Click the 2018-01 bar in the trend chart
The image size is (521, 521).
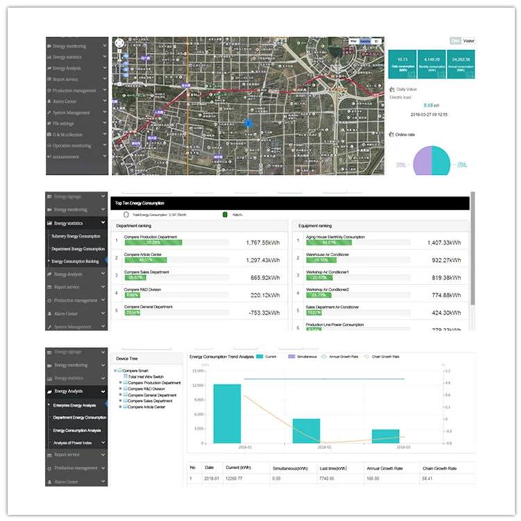(x=227, y=413)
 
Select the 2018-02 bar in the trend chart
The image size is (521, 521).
(x=306, y=431)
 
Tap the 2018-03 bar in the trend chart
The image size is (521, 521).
(x=386, y=436)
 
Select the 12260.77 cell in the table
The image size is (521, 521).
(x=237, y=479)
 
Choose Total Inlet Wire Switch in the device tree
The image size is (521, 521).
(x=147, y=377)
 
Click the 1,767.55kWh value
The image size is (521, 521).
(x=263, y=243)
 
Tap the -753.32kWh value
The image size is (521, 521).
(x=263, y=313)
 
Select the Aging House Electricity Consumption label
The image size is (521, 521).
(x=334, y=237)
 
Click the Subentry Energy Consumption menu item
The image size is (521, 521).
(x=76, y=236)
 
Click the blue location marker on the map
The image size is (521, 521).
(x=248, y=123)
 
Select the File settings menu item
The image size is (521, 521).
(x=68, y=124)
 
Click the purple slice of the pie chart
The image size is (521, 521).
(x=423, y=161)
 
